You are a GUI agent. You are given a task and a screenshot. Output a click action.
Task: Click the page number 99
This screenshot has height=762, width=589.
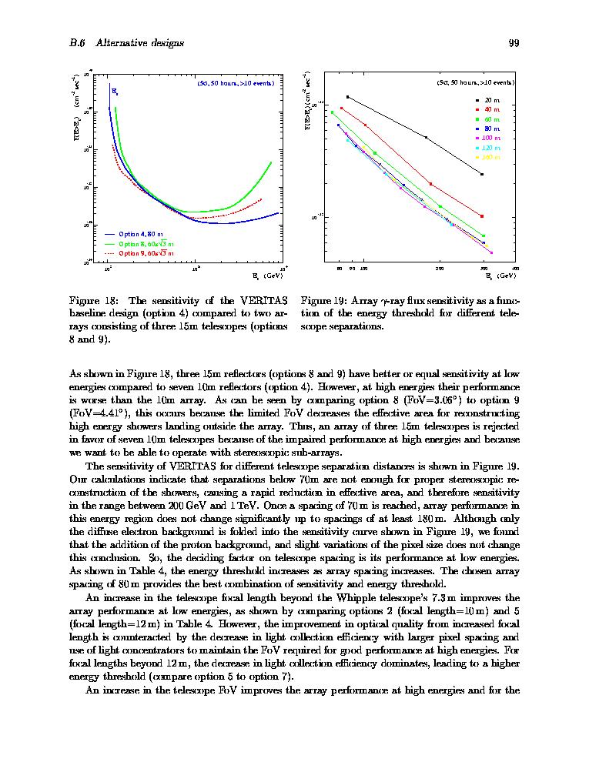coord(514,43)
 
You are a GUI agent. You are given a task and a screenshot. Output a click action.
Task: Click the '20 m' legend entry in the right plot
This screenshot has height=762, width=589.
coord(492,101)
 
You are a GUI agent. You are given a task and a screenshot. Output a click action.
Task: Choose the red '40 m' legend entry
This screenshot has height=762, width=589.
coord(492,110)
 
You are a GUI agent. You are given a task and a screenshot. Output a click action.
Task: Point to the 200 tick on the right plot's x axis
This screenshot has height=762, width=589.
coord(440,269)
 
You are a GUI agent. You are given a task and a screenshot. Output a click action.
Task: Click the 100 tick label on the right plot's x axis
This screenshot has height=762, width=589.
coord(363,269)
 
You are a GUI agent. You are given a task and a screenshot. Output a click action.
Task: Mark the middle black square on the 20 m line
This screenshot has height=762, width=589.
coord(426,137)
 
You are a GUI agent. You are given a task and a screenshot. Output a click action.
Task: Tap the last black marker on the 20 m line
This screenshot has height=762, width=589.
coord(482,175)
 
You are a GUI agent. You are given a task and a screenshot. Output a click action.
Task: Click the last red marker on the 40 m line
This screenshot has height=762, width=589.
coord(482,216)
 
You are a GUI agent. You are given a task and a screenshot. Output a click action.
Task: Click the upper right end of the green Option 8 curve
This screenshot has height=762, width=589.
coord(271,162)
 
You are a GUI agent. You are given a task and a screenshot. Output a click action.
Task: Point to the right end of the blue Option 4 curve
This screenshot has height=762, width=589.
coord(278,213)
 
